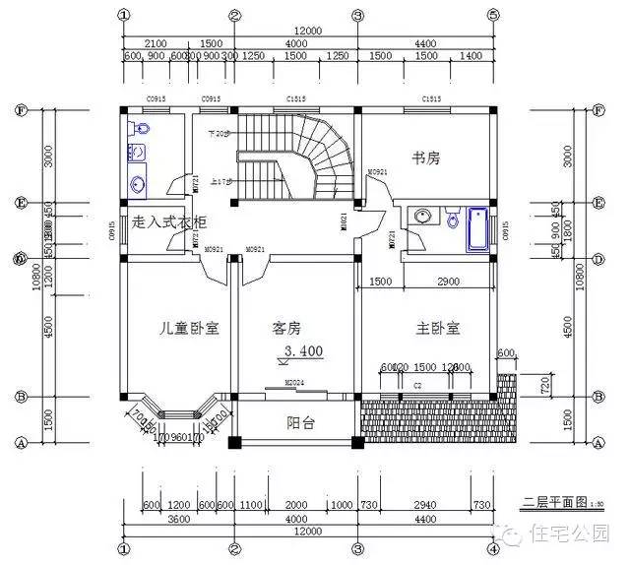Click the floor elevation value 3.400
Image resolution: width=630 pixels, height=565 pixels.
click(x=303, y=350)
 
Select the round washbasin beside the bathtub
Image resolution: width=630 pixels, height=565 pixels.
click(x=423, y=217)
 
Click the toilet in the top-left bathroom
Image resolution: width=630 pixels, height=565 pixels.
click(x=141, y=129)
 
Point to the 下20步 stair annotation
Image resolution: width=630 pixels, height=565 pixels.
click(x=219, y=132)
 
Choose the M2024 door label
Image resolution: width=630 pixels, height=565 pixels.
click(x=293, y=383)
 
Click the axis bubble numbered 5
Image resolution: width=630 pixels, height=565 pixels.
click(x=492, y=15)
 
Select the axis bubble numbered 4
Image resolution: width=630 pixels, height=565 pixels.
click(x=492, y=549)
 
